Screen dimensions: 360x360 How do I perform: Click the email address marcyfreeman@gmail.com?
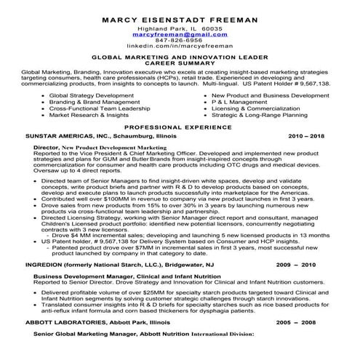point(180,34)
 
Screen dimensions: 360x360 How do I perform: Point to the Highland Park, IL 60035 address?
point(180,28)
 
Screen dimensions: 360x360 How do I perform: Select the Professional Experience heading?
point(180,127)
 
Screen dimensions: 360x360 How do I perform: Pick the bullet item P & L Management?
point(236,102)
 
